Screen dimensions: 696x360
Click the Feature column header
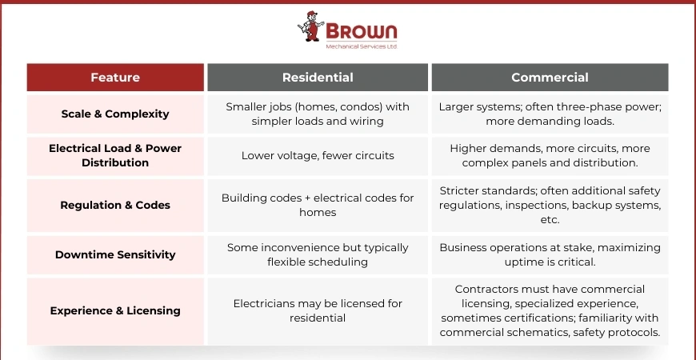[115, 78]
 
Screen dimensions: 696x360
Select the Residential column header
[318, 78]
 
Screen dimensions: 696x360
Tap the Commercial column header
[550, 78]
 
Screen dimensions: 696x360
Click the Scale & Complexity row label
[115, 114]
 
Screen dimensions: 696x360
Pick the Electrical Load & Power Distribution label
[115, 155]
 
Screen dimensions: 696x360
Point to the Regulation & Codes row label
[115, 205]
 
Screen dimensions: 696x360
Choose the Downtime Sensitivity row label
[115, 254]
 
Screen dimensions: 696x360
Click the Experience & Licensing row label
[115, 310]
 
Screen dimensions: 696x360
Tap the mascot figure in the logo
[310, 26]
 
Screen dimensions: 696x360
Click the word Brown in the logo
[362, 31]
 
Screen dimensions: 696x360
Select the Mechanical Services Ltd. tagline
[362, 46]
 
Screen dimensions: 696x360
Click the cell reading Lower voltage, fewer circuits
[318, 156]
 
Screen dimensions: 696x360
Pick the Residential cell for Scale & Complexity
[318, 114]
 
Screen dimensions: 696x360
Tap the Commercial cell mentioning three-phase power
[550, 114]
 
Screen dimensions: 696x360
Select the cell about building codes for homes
[318, 205]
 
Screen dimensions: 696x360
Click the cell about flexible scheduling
[318, 254]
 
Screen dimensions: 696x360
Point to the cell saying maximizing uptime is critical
[550, 254]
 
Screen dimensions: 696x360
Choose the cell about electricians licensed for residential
[318, 310]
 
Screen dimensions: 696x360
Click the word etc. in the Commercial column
[550, 220]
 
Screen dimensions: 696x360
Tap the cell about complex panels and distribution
[550, 156]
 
